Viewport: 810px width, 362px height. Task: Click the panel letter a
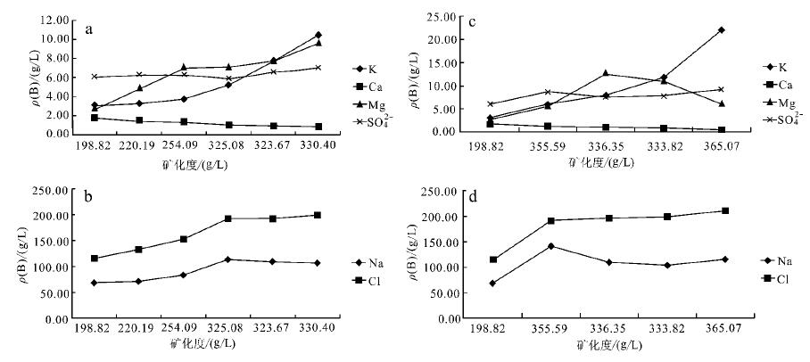[90, 29]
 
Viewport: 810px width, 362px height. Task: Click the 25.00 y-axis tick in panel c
[456, 16]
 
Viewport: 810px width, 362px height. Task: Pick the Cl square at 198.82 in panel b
[94, 259]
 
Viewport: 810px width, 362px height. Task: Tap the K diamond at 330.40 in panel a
[318, 35]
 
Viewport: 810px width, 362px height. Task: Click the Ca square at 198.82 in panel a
[94, 118]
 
